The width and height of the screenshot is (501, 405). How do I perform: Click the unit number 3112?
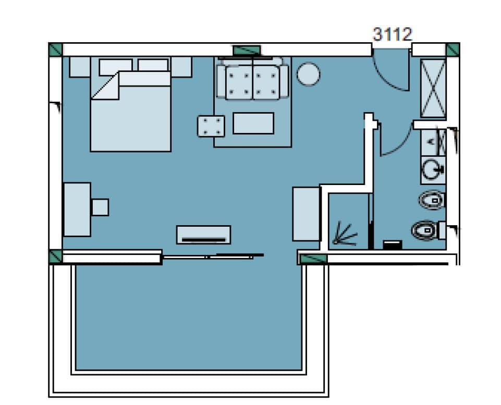pyautogui.click(x=392, y=34)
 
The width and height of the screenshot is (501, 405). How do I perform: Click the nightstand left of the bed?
pyautogui.click(x=80, y=66)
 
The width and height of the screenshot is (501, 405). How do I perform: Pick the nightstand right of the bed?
pyautogui.click(x=181, y=66)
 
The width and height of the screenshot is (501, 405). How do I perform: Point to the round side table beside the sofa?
pyautogui.click(x=308, y=74)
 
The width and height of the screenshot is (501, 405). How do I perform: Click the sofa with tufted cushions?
pyautogui.click(x=253, y=79)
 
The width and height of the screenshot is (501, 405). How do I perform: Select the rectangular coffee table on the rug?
pyautogui.click(x=253, y=123)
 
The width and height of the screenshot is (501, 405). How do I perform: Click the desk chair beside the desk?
pyautogui.click(x=100, y=207)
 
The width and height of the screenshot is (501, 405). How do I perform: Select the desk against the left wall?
pyautogui.click(x=77, y=209)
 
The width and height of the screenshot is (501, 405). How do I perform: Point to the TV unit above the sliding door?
pyautogui.click(x=203, y=235)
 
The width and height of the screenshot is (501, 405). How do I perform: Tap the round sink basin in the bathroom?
pyautogui.click(x=432, y=169)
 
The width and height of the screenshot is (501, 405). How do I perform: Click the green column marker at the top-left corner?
pyautogui.click(x=55, y=50)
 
